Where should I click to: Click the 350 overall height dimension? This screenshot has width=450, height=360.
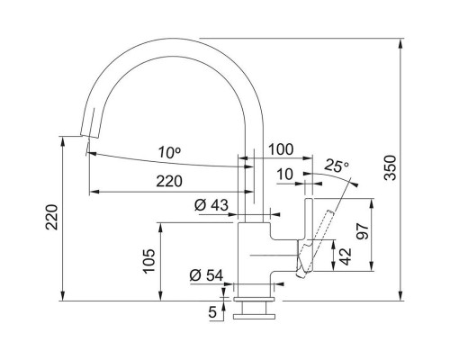pos(391,167)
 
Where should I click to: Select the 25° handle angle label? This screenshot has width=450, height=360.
pos(337,166)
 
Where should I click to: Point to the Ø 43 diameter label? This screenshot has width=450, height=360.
pos(211,205)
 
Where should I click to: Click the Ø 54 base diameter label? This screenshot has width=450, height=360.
pos(206,275)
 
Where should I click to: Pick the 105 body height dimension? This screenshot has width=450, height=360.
pos(149,261)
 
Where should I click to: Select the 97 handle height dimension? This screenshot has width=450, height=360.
pos(362,231)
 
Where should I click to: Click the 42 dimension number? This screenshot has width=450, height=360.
pos(345,256)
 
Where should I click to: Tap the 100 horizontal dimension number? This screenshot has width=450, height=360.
pos(281,149)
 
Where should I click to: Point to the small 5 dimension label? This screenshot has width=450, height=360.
pos(212,312)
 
